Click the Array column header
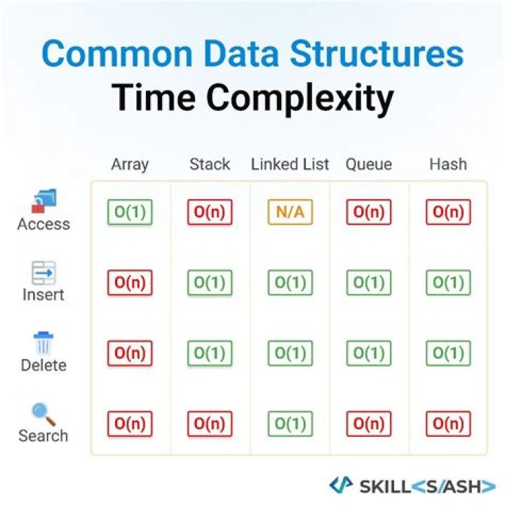[x=130, y=165]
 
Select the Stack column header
[x=210, y=165]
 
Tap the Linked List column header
[x=290, y=165]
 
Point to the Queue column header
[x=368, y=165]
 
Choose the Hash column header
[x=448, y=165]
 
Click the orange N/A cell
[x=290, y=212]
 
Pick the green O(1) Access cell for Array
[x=130, y=212]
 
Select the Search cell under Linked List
[x=290, y=424]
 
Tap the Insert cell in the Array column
[x=130, y=283]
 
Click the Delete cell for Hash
[x=448, y=353]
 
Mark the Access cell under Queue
[x=368, y=212]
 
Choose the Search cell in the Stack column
[x=210, y=424]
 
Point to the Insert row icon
[x=43, y=273]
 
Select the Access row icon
[x=43, y=202]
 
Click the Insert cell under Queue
[x=368, y=283]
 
